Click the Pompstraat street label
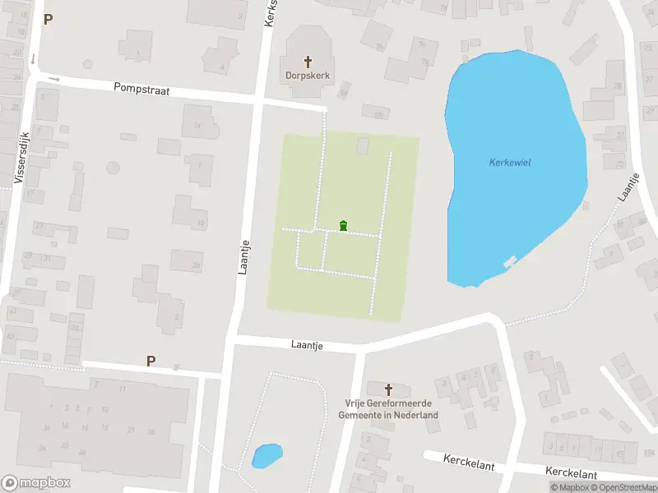click(141, 90)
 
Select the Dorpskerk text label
click(308, 75)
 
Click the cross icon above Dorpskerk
click(308, 61)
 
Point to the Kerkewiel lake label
click(510, 163)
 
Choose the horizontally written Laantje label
click(307, 346)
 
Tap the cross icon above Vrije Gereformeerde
click(389, 389)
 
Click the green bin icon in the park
click(343, 226)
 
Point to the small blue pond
click(266, 454)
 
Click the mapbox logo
click(35, 483)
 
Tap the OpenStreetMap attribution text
click(622, 487)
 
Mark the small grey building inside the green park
click(363, 145)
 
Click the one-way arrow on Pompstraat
click(55, 79)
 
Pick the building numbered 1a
click(196, 126)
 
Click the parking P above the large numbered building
click(151, 361)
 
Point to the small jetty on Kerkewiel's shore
click(510, 261)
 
